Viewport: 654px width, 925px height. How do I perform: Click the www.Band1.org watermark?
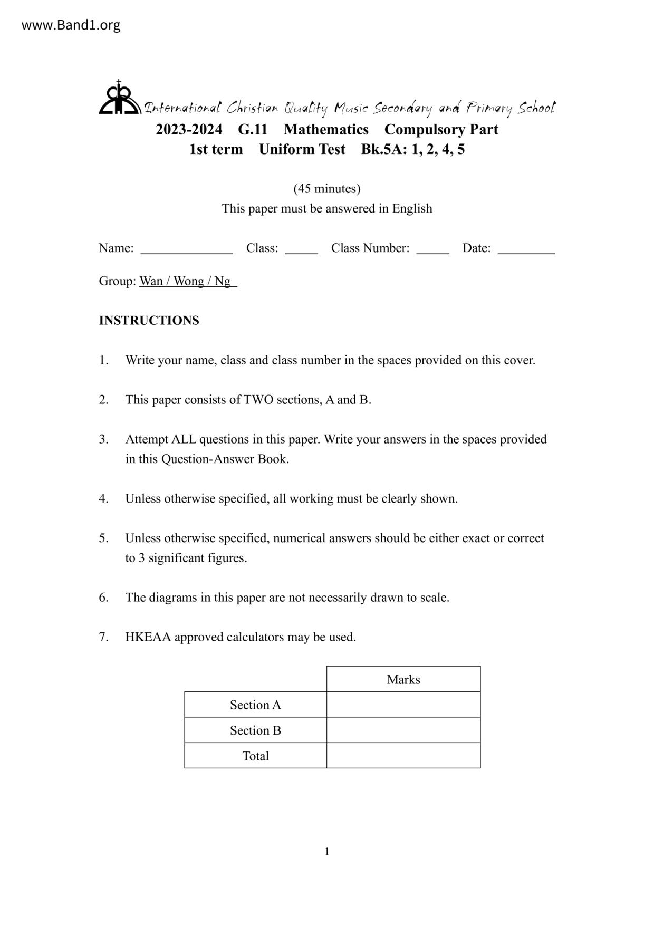tap(71, 25)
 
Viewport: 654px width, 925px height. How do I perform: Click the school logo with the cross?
tap(119, 98)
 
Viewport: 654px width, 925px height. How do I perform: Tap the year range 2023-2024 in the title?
tap(189, 129)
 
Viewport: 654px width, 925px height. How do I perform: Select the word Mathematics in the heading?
tap(326, 129)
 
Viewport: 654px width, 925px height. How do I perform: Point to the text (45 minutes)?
tap(327, 188)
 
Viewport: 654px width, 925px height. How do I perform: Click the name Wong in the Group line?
tap(189, 281)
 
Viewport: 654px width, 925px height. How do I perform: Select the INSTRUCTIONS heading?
tap(149, 321)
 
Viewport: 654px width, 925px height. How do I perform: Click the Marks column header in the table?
tap(403, 679)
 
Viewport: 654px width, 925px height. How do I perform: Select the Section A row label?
tap(255, 705)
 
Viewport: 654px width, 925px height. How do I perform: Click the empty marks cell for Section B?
tap(403, 730)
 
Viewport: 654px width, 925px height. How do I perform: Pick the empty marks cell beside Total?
tap(403, 755)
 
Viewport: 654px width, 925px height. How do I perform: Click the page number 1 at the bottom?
tap(327, 851)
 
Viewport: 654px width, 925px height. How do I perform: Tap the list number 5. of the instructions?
tap(103, 538)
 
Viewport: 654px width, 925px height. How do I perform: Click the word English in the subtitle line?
tap(412, 208)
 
